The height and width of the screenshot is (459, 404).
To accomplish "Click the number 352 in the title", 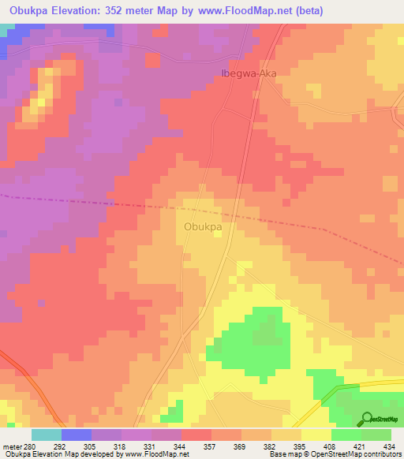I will (x=135, y=10).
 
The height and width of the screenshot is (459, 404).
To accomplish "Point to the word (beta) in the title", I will (x=306, y=10).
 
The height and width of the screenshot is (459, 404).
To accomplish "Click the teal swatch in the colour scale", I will (x=47, y=435).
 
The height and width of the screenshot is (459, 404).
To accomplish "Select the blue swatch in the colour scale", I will (x=77, y=435).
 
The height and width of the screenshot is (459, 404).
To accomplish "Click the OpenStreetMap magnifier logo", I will (x=365, y=419).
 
